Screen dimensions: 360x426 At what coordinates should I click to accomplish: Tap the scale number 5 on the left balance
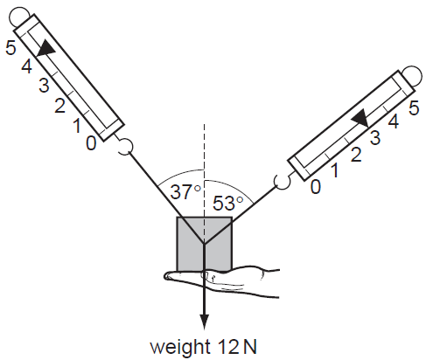point(10,48)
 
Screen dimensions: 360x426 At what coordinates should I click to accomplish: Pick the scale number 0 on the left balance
point(92,142)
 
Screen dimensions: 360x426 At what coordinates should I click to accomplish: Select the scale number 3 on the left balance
point(44,87)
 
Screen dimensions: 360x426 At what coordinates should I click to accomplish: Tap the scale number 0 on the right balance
point(316,186)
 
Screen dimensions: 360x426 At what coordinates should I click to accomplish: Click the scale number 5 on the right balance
point(413,108)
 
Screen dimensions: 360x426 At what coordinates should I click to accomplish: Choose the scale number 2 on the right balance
point(355,155)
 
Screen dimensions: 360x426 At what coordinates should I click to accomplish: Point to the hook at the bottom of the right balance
point(282,181)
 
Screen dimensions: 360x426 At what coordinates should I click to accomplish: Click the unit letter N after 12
point(250,346)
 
